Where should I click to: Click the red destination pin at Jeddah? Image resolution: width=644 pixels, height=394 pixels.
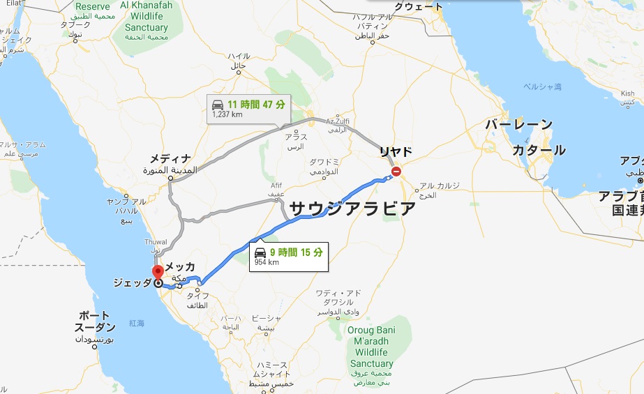(158, 272)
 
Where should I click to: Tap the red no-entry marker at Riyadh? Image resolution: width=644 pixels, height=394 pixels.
(396, 171)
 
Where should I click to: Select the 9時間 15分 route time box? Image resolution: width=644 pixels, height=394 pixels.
(288, 256)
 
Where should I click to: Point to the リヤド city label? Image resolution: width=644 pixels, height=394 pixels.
(396, 151)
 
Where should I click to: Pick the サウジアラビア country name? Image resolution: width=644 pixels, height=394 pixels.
(352, 209)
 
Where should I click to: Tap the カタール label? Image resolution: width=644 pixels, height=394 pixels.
(538, 150)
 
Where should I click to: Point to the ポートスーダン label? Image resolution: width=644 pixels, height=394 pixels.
(96, 321)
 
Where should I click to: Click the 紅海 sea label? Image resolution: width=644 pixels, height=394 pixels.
(136, 324)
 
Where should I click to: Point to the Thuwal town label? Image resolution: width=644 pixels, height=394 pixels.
(155, 242)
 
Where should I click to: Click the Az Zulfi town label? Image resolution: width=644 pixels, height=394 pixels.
(337, 121)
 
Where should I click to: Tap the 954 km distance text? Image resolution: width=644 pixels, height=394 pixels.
(265, 263)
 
